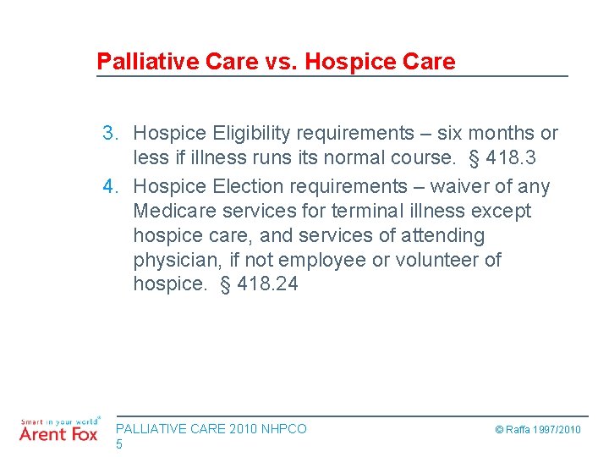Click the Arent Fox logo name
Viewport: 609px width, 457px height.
[x=58, y=433]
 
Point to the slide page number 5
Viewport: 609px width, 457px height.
[x=119, y=444]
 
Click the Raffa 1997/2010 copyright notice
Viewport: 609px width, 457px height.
[x=538, y=430]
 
